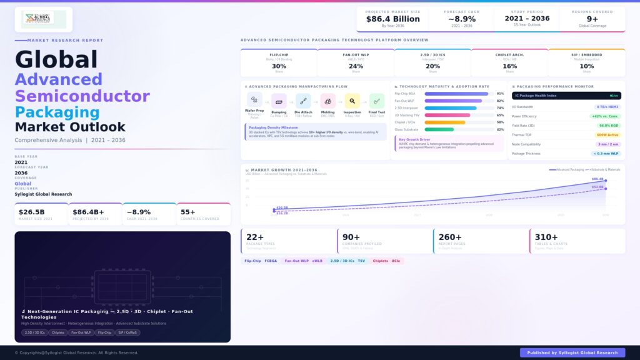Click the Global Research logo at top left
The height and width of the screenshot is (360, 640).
click(43, 18)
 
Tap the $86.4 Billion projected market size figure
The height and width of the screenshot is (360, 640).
click(392, 19)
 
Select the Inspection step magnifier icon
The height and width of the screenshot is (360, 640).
click(352, 101)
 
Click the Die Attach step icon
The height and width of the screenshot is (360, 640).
click(303, 101)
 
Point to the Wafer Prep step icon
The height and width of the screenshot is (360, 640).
click(254, 100)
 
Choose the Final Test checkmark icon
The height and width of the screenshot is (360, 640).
click(377, 101)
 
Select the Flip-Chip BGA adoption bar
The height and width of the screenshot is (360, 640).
click(456, 94)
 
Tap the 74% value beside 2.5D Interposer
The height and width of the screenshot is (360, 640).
click(500, 108)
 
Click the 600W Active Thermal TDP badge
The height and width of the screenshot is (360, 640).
click(607, 134)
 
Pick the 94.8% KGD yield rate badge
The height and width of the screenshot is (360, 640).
click(607, 126)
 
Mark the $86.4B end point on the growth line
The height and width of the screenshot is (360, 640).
click(606, 181)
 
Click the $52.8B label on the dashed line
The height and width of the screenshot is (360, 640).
click(597, 187)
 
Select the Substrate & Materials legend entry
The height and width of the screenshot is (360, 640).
click(604, 169)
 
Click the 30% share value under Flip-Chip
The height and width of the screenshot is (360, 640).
click(279, 66)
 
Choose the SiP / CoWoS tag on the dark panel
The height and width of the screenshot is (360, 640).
click(127, 332)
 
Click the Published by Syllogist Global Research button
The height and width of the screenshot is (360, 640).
click(572, 352)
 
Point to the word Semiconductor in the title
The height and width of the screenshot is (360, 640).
click(82, 96)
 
